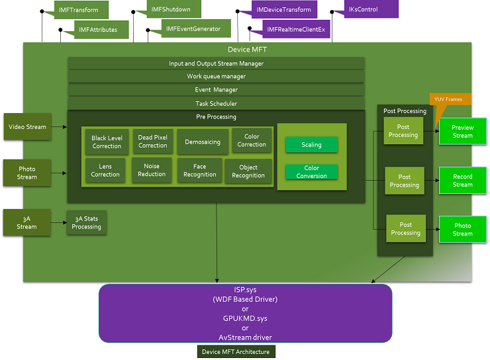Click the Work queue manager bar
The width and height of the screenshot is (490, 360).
(216, 76)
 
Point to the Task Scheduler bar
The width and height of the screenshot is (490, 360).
(216, 103)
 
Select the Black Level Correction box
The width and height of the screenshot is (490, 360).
(107, 142)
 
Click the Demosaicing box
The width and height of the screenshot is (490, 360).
(203, 142)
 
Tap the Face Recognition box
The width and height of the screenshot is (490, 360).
(199, 171)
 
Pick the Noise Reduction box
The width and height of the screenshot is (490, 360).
(152, 170)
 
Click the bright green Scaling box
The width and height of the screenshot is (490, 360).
(311, 145)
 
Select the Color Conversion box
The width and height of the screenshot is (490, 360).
(311, 172)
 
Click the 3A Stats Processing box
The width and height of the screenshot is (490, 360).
(86, 223)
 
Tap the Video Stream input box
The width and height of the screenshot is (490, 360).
(27, 126)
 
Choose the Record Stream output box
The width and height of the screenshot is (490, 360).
(462, 181)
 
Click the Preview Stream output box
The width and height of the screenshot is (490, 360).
(462, 131)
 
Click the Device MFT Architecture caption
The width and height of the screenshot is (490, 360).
(236, 352)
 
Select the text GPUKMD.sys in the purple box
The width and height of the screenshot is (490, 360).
(245, 318)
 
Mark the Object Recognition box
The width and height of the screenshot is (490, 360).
(248, 171)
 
